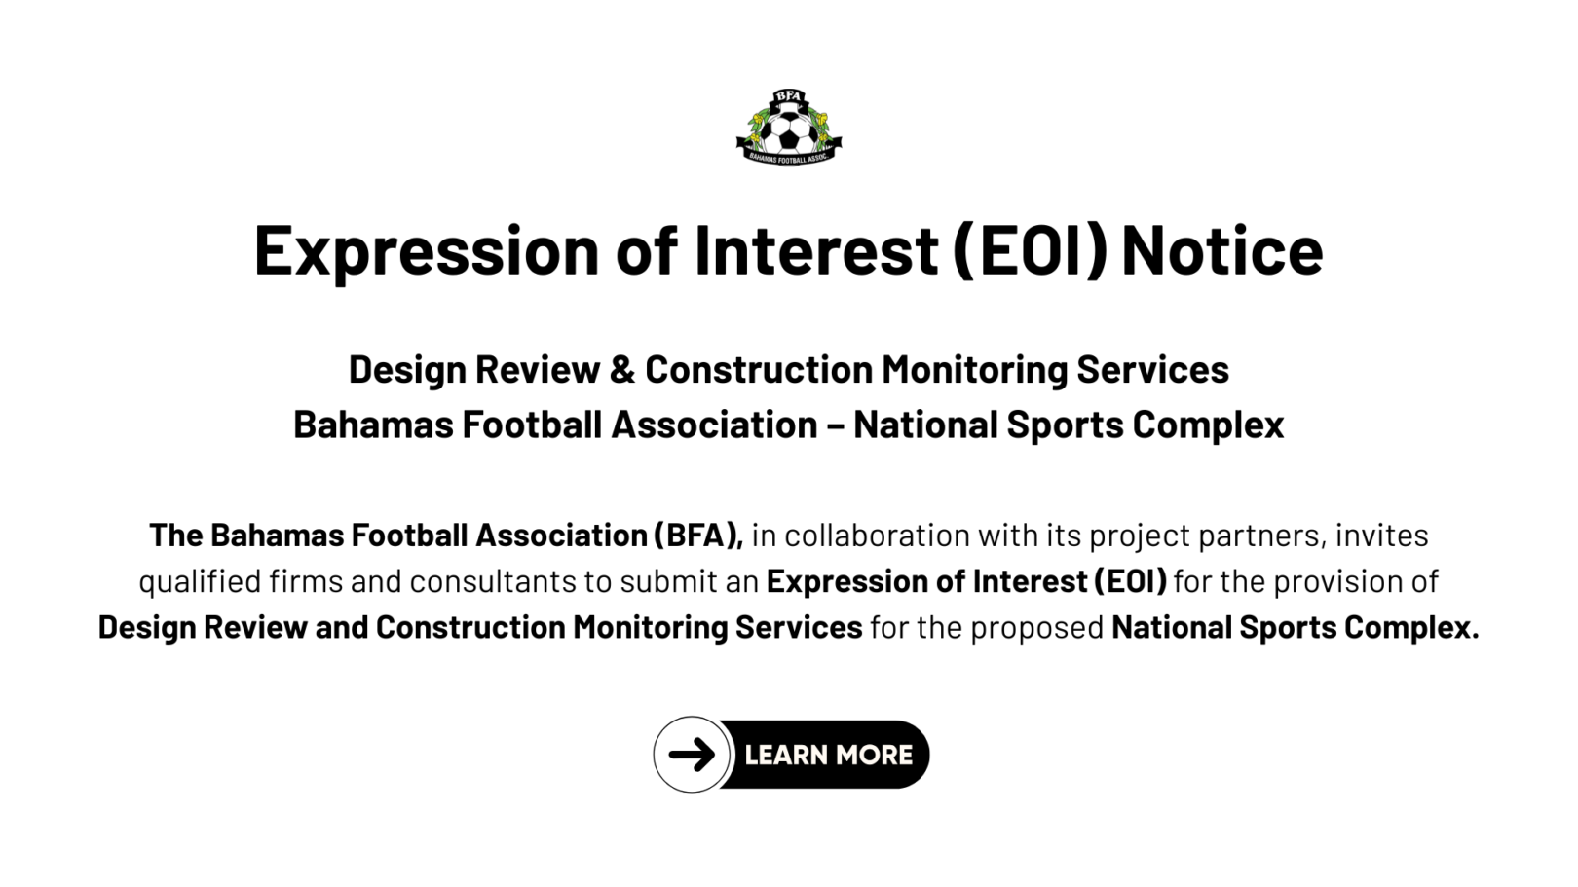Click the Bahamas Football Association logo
coord(789,128)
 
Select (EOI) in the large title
coord(1030,250)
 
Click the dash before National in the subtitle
coord(835,425)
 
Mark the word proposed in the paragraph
coord(1036,628)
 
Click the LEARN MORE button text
coord(828,755)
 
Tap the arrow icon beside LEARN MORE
coord(692,755)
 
